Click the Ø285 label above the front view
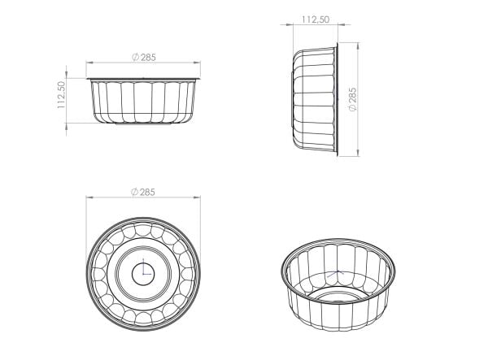(143, 57)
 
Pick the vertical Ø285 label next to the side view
(351, 99)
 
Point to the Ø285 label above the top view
(143, 192)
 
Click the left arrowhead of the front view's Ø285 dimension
(90, 63)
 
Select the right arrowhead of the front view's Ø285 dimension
(197, 63)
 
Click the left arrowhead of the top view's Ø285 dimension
(90, 197)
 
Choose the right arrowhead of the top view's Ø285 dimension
(197, 197)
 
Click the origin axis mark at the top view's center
(143, 272)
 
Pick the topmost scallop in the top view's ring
(143, 227)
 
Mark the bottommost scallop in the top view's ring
(143, 319)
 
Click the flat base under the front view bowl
(143, 124)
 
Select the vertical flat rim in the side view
(337, 99)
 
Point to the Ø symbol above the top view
(133, 192)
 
